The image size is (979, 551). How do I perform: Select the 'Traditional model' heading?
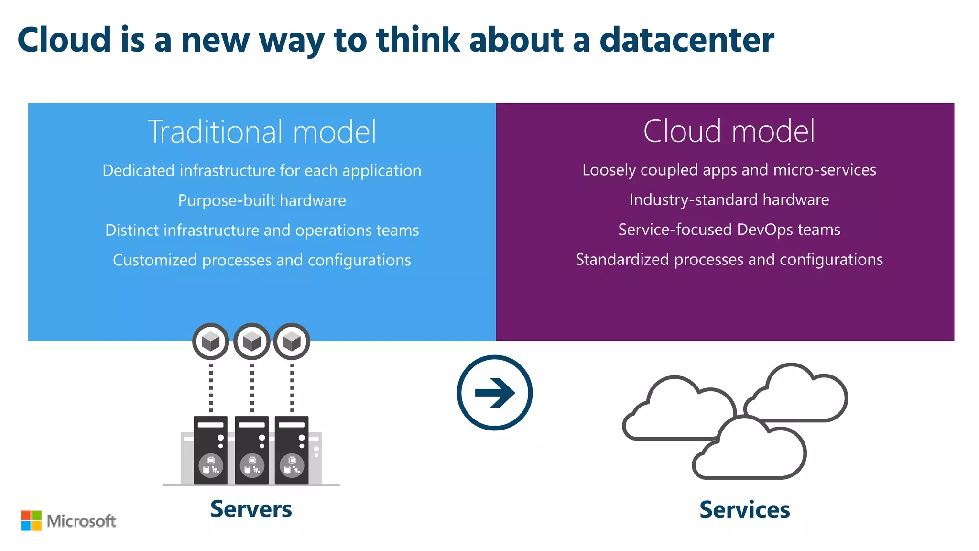[x=262, y=132]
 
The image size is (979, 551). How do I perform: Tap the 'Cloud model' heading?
[x=729, y=131]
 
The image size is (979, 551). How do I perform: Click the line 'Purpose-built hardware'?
[x=262, y=200]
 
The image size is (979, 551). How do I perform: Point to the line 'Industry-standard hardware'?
[x=729, y=199]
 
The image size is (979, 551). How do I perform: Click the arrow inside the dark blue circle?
[x=495, y=393]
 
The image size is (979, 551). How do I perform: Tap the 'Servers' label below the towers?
[x=251, y=509]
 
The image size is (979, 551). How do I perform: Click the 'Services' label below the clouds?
[x=744, y=509]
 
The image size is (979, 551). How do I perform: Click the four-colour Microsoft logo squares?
[x=31, y=521]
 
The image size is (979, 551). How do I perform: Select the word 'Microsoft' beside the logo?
[x=81, y=521]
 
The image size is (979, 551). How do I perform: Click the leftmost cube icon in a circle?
[x=211, y=342]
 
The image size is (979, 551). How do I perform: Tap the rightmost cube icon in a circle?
[x=292, y=342]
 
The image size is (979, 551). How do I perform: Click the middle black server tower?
[x=252, y=450]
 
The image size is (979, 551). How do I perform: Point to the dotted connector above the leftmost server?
[x=211, y=388]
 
